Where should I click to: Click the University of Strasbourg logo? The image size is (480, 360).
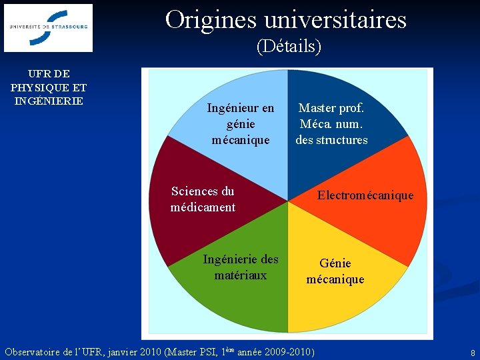(48, 28)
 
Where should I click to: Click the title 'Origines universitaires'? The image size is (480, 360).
(285, 19)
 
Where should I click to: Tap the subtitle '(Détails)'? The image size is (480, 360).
(289, 46)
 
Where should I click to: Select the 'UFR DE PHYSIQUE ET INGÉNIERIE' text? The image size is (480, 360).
(48, 87)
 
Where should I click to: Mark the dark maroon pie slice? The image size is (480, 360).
(180, 227)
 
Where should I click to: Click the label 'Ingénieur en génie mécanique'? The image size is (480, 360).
(240, 124)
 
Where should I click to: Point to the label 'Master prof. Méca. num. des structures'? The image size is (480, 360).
(331, 124)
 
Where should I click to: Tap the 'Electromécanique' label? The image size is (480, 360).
(365, 195)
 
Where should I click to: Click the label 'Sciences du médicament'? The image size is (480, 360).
(203, 199)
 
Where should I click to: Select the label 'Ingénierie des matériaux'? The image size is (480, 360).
(240, 267)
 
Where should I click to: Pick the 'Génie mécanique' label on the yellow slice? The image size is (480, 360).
(335, 271)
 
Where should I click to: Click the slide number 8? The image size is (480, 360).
(473, 352)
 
